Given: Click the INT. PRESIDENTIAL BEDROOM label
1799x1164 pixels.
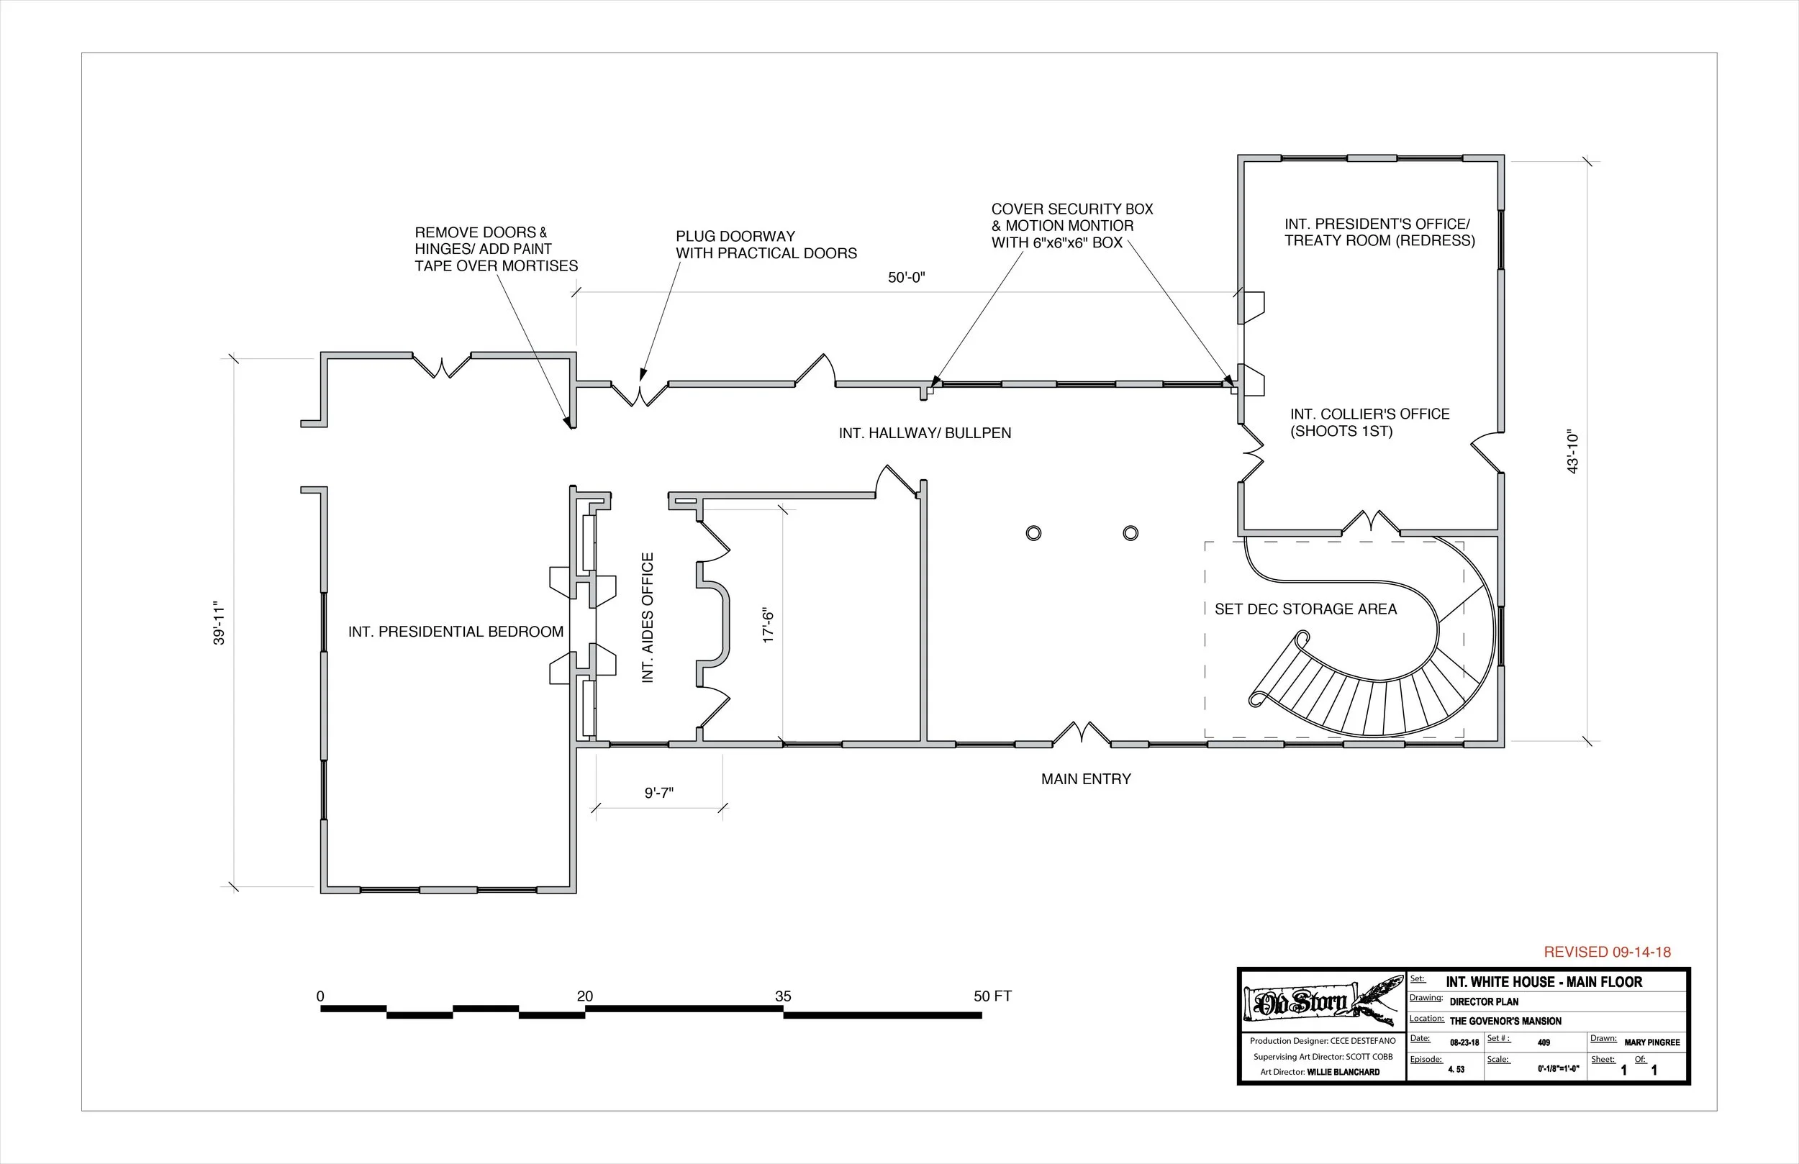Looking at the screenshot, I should pyautogui.click(x=456, y=632).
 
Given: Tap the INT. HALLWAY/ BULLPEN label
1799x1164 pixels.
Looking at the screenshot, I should pyautogui.click(x=925, y=433).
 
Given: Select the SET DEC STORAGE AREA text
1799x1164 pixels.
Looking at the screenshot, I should pyautogui.click(x=1305, y=609).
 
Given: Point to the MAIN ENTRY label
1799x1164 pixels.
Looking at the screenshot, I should pyautogui.click(x=1085, y=779).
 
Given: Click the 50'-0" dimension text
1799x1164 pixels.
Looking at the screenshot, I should pyautogui.click(x=905, y=278).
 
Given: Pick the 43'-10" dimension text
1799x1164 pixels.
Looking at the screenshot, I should pyautogui.click(x=1573, y=452).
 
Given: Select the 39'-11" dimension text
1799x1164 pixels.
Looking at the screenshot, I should pyautogui.click(x=219, y=624).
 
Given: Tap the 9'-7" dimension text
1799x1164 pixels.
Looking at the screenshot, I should pyautogui.click(x=658, y=793).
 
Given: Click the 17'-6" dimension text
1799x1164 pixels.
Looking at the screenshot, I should pyautogui.click(x=769, y=625).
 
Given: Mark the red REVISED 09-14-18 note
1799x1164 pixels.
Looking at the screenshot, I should pyautogui.click(x=1607, y=952).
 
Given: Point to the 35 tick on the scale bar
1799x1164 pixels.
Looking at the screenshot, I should pyautogui.click(x=783, y=997).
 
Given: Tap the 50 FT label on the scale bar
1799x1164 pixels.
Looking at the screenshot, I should pyautogui.click(x=992, y=997).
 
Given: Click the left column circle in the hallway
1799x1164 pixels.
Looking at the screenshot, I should pyautogui.click(x=1033, y=534).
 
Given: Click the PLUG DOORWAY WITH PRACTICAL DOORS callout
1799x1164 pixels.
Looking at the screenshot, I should pyautogui.click(x=766, y=245).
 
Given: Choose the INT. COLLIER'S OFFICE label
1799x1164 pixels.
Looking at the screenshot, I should pyautogui.click(x=1369, y=422).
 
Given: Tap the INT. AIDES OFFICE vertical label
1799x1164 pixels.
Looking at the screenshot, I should pyautogui.click(x=648, y=618).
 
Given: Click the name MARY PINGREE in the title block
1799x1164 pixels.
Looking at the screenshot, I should pyautogui.click(x=1651, y=1042).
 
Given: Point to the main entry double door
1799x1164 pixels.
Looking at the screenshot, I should pyautogui.click(x=1082, y=733).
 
